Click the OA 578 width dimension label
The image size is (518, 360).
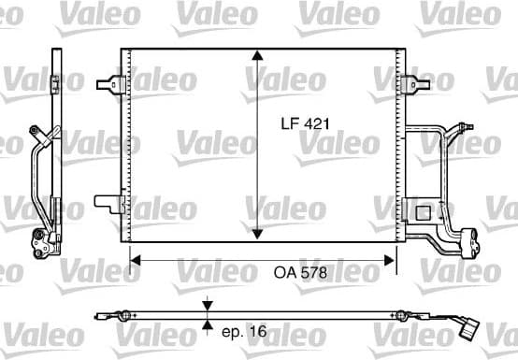pos(301,273)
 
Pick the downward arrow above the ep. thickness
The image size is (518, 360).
pos(208,306)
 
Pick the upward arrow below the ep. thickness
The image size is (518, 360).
pos(208,326)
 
